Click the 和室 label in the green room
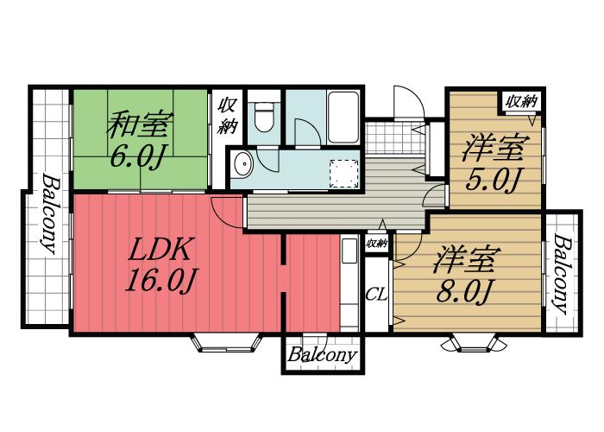click(x=137, y=126)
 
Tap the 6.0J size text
click(x=137, y=160)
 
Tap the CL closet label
click(x=376, y=294)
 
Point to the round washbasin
click(x=242, y=163)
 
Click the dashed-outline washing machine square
click(x=345, y=173)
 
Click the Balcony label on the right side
click(x=562, y=274)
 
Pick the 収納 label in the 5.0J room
click(x=520, y=101)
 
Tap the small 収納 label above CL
click(x=376, y=245)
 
